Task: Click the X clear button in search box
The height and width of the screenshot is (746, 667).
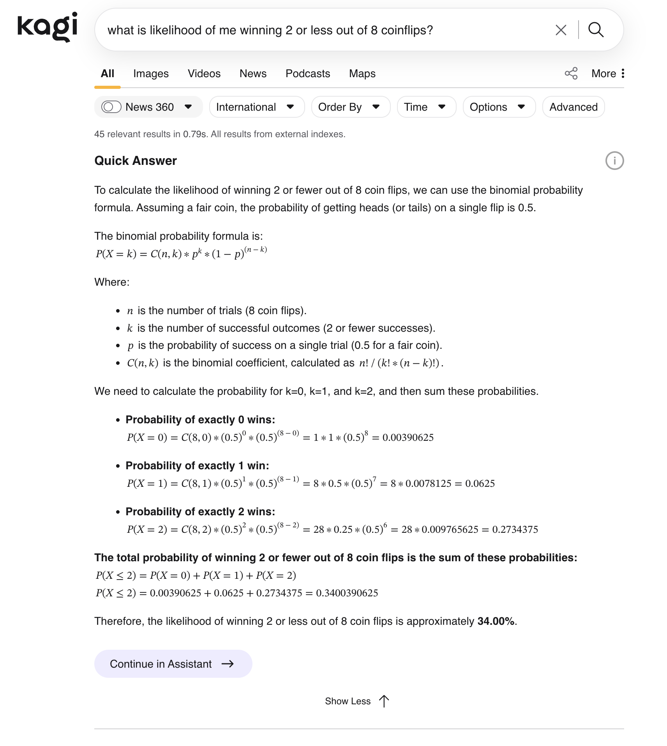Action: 561,30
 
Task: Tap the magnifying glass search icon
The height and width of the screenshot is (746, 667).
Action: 596,30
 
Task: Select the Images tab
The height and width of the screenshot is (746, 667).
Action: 151,74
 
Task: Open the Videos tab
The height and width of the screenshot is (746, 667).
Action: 204,74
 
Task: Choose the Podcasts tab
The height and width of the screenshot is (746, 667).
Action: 307,74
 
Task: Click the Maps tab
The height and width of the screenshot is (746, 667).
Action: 362,74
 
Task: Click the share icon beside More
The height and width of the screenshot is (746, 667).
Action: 571,74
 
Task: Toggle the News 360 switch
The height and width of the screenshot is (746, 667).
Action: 111,107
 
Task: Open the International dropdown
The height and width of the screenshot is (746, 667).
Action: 256,107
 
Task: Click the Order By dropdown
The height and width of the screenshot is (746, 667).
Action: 350,107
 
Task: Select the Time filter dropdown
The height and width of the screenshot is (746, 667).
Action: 426,107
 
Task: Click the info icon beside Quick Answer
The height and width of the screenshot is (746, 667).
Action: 614,161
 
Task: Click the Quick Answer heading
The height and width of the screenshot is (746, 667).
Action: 136,161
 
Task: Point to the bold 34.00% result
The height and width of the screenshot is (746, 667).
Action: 496,621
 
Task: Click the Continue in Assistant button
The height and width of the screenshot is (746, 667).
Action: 173,664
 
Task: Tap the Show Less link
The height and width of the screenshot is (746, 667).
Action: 356,701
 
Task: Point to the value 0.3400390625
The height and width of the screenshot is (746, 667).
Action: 347,593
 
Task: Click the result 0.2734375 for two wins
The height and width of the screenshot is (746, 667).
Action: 515,530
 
